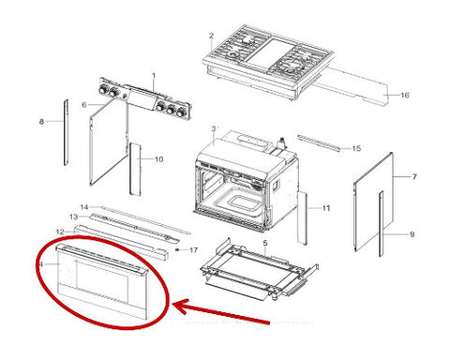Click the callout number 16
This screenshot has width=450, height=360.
click(x=405, y=95)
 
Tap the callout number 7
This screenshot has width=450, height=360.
click(x=414, y=177)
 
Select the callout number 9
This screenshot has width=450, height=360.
click(x=412, y=234)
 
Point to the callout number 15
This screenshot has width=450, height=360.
click(x=356, y=148)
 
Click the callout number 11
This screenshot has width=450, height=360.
click(x=326, y=208)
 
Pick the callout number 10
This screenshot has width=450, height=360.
click(x=158, y=159)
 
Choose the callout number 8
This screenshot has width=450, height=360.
click(x=41, y=122)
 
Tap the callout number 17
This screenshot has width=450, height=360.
click(x=194, y=250)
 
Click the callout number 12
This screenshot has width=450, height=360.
click(x=60, y=232)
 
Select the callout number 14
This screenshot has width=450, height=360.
click(x=84, y=207)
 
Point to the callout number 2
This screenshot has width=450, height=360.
click(x=211, y=36)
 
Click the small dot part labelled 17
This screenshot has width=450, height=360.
click(x=177, y=250)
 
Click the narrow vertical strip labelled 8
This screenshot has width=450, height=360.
click(x=66, y=132)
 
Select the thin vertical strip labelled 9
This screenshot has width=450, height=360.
click(x=381, y=224)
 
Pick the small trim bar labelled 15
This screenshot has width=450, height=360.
click(x=319, y=143)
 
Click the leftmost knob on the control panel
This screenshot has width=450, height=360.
click(x=103, y=90)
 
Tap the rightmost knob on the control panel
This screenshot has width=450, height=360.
click(x=181, y=112)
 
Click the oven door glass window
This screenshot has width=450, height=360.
click(x=102, y=281)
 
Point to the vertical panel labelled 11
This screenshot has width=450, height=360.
click(x=302, y=217)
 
